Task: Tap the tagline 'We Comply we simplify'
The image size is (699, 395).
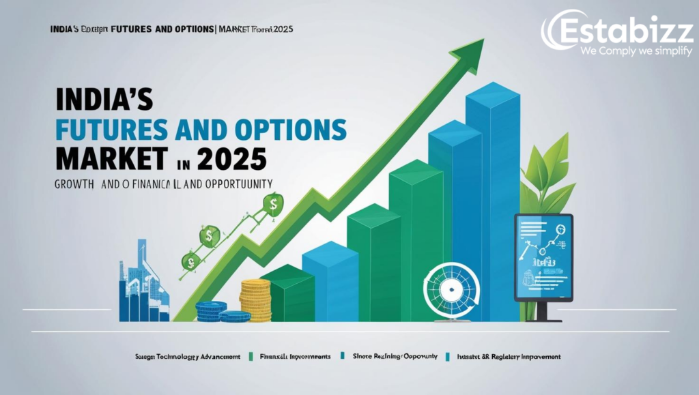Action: click(636, 52)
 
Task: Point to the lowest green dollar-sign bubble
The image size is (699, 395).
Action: click(190, 261)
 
